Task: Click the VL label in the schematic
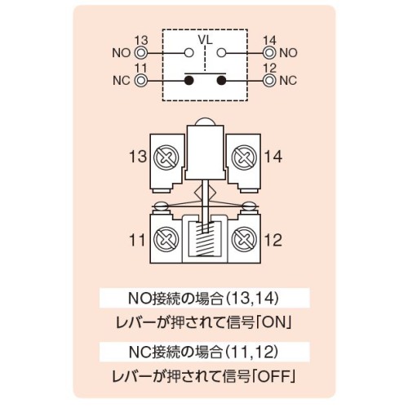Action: pos(206,40)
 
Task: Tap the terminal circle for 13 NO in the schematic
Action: pos(140,52)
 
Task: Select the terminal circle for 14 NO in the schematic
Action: pos(269,52)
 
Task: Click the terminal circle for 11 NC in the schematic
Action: pos(140,80)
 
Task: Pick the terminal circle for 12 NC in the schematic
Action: pos(269,80)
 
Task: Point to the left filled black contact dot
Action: pos(189,80)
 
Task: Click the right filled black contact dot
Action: pos(222,80)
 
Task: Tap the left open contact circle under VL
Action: pos(189,52)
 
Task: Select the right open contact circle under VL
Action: pos(222,52)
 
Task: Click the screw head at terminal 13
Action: pos(166,157)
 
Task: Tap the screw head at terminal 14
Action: pos(244,157)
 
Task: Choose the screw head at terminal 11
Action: pos(166,240)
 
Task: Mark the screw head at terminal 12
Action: pos(244,240)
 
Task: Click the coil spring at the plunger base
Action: pos(205,238)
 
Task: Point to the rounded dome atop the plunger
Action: pos(205,122)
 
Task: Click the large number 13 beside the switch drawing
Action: pos(138,157)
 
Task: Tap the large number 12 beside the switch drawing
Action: pos(273,240)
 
